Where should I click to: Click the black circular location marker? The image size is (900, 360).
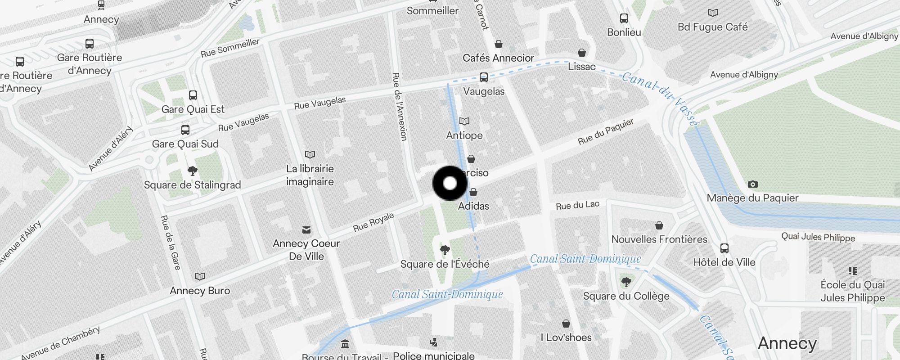(x=450, y=183)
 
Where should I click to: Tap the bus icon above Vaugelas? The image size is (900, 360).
(x=484, y=77)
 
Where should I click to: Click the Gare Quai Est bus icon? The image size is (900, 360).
(x=193, y=95)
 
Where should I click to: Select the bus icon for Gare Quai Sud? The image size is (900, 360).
(x=185, y=130)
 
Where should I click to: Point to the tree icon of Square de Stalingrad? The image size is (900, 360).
(x=192, y=171)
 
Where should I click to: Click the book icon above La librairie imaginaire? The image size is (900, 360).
(x=310, y=155)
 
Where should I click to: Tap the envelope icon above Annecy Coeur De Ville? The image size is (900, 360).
(x=306, y=230)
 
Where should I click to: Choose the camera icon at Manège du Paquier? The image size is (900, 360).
(x=752, y=184)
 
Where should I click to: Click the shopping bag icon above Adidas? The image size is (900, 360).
(x=473, y=193)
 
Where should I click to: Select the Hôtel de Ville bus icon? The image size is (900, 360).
(x=724, y=248)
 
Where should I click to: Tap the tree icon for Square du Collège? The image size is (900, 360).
(x=626, y=282)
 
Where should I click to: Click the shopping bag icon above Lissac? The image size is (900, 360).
(x=582, y=53)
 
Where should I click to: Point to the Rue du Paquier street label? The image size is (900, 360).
(x=605, y=131)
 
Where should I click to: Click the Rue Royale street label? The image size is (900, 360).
(x=373, y=222)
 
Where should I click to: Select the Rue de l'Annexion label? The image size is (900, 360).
(x=400, y=106)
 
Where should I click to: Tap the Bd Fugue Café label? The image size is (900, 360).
(x=712, y=27)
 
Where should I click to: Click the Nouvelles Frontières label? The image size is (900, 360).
(x=659, y=239)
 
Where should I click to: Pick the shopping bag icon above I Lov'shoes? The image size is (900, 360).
(x=566, y=324)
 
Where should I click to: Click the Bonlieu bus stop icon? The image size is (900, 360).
(x=624, y=18)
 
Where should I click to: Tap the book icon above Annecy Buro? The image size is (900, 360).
(x=200, y=276)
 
